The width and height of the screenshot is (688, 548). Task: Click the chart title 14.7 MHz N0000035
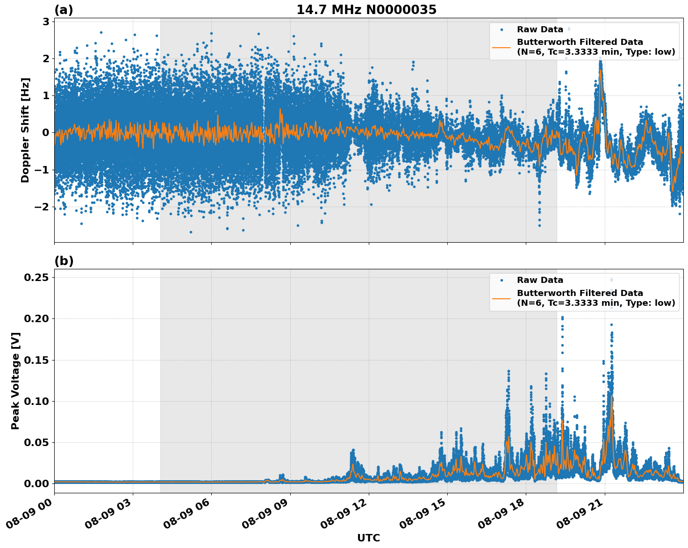pyautogui.click(x=366, y=10)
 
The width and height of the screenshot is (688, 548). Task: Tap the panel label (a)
pyautogui.click(x=64, y=10)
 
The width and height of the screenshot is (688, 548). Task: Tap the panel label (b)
pyautogui.click(x=64, y=261)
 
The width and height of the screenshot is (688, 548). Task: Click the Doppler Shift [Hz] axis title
pyautogui.click(x=25, y=130)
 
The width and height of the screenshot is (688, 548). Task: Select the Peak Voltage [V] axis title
pyautogui.click(x=15, y=381)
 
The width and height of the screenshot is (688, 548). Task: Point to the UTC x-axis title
pyautogui.click(x=368, y=538)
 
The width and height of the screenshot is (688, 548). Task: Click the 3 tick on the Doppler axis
pyautogui.click(x=46, y=22)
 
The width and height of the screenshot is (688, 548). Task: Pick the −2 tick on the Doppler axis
pyautogui.click(x=43, y=207)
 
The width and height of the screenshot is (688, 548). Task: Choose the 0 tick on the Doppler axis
pyautogui.click(x=46, y=133)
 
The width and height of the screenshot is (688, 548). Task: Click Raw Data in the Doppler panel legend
pyautogui.click(x=540, y=29)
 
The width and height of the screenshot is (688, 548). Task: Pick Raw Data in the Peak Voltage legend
pyautogui.click(x=540, y=280)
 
